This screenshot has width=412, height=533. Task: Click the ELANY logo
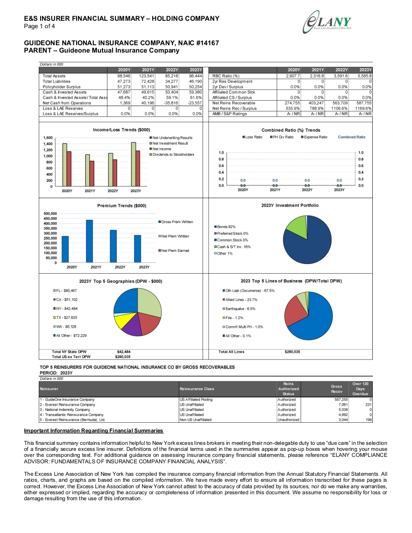point(327,22)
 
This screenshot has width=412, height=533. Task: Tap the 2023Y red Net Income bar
point(137,168)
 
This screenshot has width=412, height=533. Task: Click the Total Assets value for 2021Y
point(147,76)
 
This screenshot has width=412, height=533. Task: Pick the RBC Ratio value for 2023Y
point(364,76)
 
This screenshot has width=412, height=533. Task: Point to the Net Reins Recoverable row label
point(233,103)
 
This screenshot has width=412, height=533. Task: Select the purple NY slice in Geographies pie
point(131,325)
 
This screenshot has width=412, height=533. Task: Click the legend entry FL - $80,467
point(65,291)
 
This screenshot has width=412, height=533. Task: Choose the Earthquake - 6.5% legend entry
point(239,309)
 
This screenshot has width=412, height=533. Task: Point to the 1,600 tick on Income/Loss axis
point(48,138)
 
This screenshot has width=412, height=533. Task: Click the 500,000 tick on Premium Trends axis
point(50,214)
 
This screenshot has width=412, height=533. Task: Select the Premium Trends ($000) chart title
point(122,206)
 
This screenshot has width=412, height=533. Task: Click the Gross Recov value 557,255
point(341,400)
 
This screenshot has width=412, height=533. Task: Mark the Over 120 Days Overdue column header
point(360,389)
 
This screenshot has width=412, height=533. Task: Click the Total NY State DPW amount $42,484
point(124,352)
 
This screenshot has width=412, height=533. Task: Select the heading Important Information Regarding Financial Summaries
point(94,431)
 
